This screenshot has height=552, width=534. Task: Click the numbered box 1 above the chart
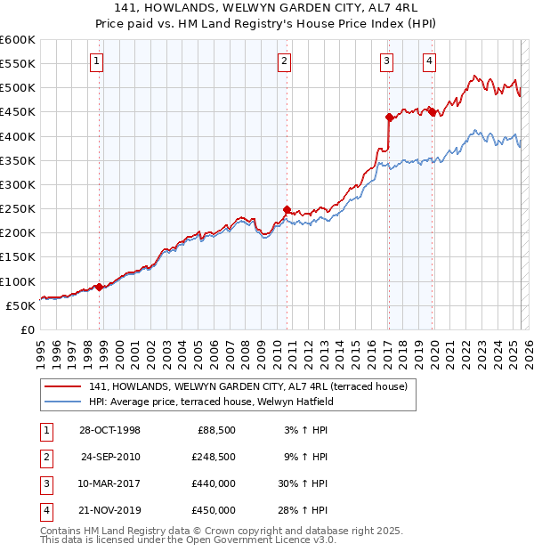tap(96, 61)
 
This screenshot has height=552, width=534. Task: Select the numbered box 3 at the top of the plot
tap(387, 61)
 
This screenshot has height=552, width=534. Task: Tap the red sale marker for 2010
tap(287, 210)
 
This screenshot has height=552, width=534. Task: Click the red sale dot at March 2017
tap(389, 117)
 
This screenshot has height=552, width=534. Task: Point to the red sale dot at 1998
tap(100, 287)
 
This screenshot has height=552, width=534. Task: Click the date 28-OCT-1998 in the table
tap(109, 430)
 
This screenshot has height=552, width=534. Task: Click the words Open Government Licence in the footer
tap(256, 540)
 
